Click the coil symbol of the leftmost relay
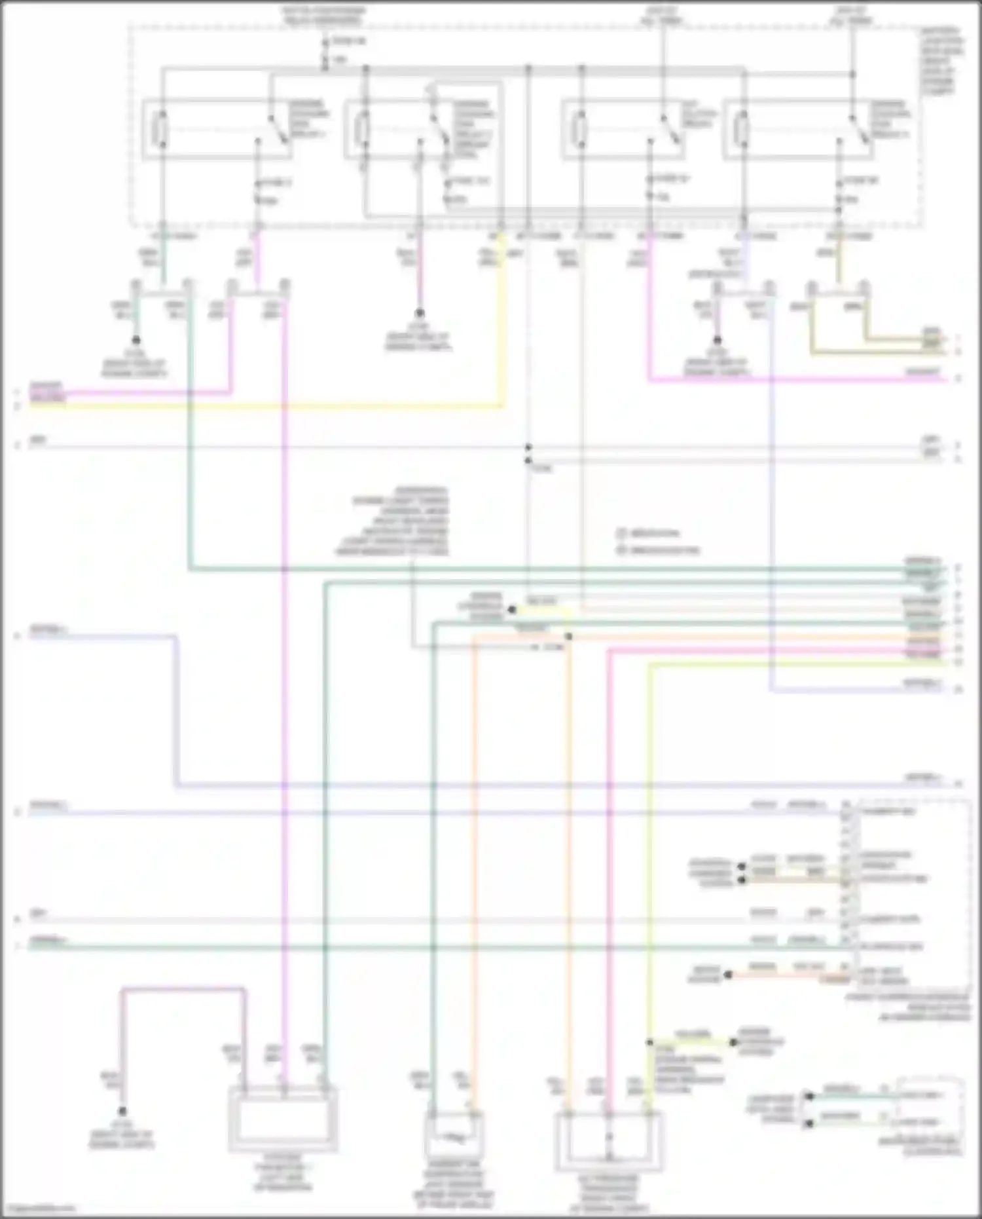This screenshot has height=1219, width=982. (x=161, y=128)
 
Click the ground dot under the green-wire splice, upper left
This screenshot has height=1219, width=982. (x=136, y=341)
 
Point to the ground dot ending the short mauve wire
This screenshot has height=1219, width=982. (x=419, y=314)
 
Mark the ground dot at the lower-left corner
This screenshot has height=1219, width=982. (x=122, y=1112)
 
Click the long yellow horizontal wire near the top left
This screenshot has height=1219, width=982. (x=262, y=407)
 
